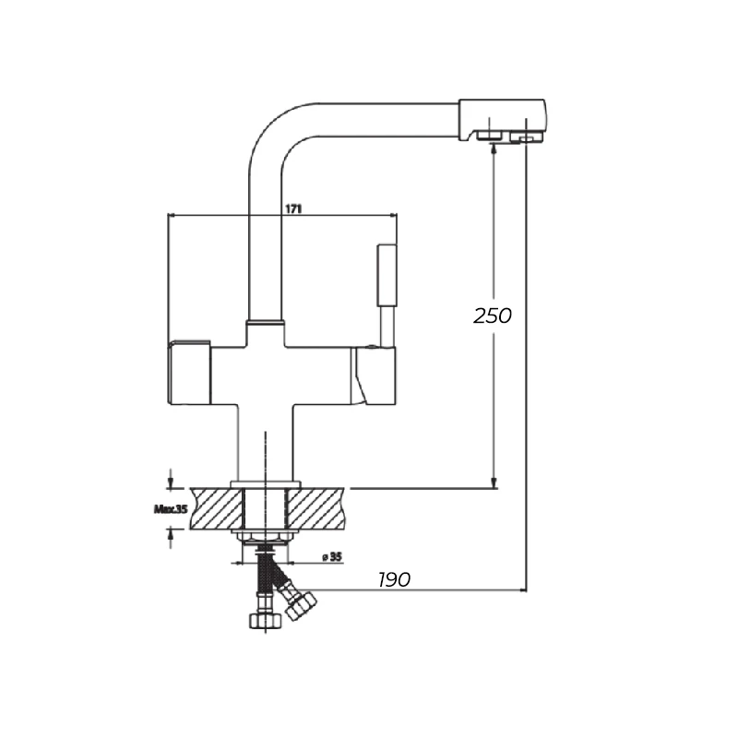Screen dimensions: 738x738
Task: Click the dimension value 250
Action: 493,315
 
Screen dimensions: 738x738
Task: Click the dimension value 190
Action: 395,579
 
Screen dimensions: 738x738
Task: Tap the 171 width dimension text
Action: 293,208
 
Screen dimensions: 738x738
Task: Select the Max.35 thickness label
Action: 171,509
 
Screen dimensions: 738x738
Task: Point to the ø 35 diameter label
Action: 332,557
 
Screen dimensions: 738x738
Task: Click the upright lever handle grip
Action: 387,275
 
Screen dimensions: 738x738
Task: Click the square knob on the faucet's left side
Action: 189,372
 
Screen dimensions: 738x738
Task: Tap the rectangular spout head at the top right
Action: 502,120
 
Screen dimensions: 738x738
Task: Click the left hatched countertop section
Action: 217,508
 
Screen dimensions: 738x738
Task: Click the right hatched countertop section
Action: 315,508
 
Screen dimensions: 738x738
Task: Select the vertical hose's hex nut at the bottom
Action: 266,620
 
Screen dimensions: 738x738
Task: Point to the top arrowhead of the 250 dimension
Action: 494,148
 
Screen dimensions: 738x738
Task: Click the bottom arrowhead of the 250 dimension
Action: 494,483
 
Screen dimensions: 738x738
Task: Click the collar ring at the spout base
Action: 265,323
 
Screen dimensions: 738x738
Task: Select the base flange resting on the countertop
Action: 266,484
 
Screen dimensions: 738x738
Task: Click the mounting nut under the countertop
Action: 266,537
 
